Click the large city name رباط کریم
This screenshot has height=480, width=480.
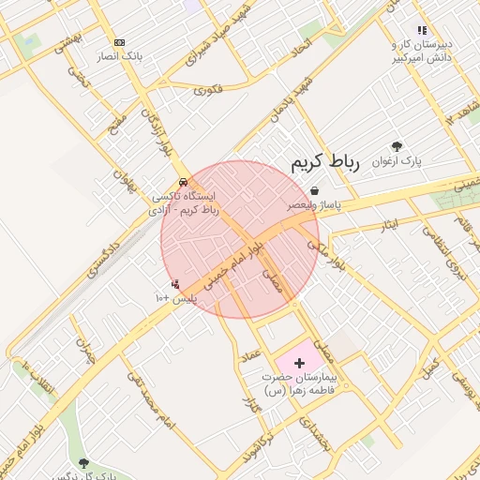click(x=324, y=162)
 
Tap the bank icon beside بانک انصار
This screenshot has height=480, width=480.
click(x=119, y=42)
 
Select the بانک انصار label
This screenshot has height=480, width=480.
click(x=119, y=56)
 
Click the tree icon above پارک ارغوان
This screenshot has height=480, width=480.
click(x=397, y=146)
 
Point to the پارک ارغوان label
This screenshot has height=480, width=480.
click(x=397, y=160)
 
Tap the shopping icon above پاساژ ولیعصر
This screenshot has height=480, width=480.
click(x=314, y=189)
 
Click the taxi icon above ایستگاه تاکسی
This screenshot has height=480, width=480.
click(x=182, y=182)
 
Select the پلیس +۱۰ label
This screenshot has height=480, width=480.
click(x=175, y=297)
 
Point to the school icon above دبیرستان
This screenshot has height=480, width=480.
click(x=422, y=30)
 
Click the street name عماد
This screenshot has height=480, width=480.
click(x=250, y=357)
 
